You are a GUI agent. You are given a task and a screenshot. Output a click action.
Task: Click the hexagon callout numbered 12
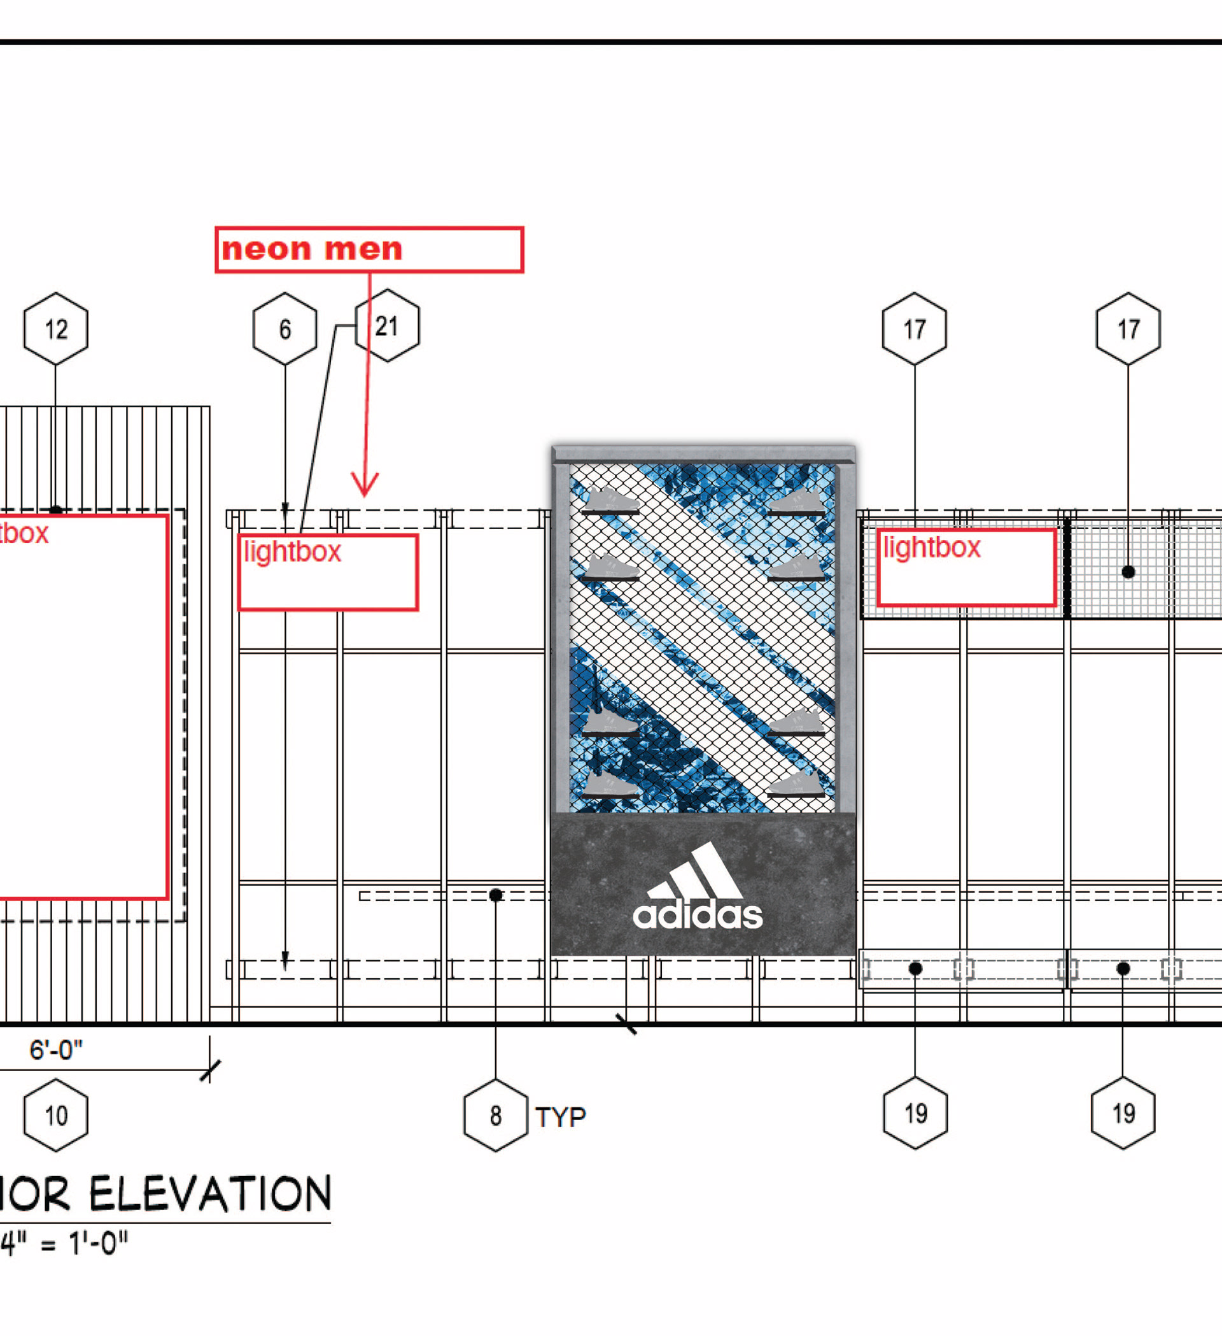(x=55, y=329)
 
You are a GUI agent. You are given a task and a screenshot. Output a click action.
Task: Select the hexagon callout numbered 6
(x=284, y=329)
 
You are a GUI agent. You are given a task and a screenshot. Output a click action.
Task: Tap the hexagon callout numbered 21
(x=388, y=326)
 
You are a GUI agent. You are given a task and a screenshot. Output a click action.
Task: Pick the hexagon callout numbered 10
(x=55, y=1115)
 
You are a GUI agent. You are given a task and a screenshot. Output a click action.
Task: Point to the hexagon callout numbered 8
(x=495, y=1115)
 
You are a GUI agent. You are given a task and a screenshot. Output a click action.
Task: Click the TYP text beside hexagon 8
(x=560, y=1118)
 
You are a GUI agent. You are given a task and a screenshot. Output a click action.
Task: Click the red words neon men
(x=312, y=249)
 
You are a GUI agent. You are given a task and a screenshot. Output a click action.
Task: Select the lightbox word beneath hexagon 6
(x=292, y=551)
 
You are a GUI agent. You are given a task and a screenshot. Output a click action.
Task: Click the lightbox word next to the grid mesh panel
(x=931, y=548)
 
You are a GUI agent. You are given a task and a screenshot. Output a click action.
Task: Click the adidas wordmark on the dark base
(x=698, y=914)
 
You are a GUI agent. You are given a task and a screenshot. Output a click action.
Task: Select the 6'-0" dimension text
(x=55, y=1049)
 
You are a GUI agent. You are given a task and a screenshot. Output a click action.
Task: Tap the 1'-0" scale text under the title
(x=98, y=1243)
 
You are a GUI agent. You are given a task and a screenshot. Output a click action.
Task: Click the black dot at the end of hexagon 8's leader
(x=495, y=895)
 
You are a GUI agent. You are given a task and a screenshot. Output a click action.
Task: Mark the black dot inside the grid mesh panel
(x=1128, y=572)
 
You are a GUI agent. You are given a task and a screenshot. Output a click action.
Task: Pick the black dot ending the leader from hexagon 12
(x=55, y=510)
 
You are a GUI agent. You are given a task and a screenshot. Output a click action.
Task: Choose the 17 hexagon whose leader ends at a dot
(x=1128, y=329)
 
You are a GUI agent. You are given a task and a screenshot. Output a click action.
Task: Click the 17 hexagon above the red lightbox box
(x=915, y=329)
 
